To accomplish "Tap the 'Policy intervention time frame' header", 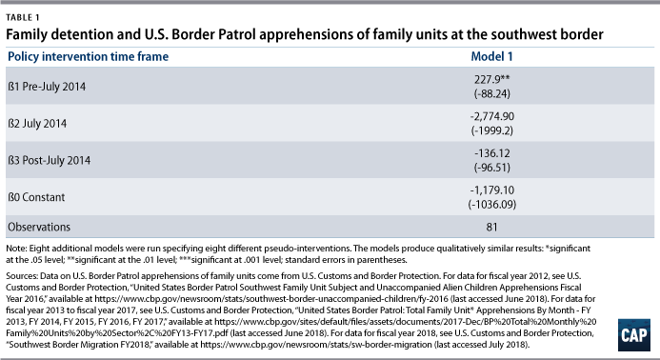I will (x=89, y=56).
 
